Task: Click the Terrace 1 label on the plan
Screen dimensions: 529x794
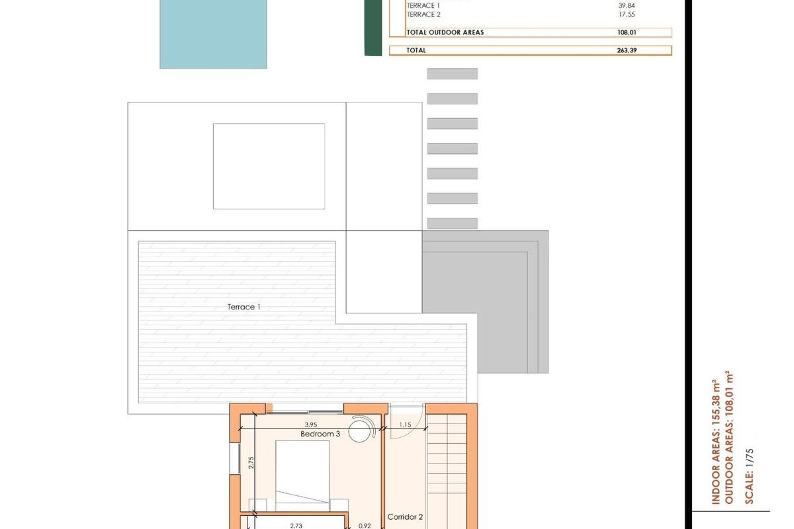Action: (243, 307)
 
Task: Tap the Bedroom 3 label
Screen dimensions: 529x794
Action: (320, 434)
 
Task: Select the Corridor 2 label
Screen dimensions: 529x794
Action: (405, 517)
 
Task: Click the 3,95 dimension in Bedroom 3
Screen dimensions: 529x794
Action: (311, 425)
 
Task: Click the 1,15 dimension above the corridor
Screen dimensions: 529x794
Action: (405, 425)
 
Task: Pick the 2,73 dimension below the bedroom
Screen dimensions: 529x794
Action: (296, 526)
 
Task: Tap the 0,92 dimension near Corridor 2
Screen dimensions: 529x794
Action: (364, 526)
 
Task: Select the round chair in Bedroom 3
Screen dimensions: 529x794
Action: (361, 431)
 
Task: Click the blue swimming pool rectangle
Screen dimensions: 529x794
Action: (213, 34)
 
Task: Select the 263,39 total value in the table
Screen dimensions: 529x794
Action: (626, 50)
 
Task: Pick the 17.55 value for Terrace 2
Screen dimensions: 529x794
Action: (626, 15)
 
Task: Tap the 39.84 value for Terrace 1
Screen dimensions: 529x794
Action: (626, 5)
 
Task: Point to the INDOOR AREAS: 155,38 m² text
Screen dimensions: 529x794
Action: (715, 442)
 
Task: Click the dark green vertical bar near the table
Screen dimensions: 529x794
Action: (373, 27)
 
